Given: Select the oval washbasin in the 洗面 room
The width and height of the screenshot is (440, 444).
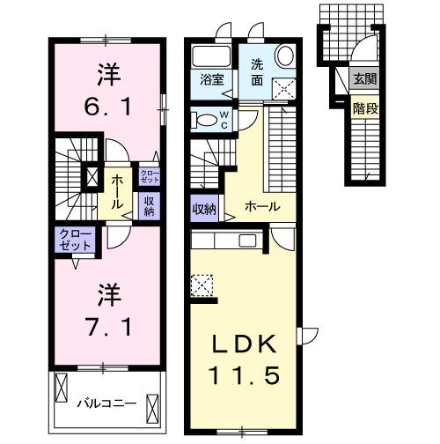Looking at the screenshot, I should pos(284,55).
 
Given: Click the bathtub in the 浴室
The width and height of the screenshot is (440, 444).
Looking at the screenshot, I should pos(211,55).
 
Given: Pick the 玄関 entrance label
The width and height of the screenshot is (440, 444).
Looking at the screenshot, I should pos(363,78).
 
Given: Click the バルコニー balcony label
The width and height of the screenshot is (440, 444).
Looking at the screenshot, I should pos(105,404).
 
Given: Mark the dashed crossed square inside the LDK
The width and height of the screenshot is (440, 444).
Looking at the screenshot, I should pos(201,286).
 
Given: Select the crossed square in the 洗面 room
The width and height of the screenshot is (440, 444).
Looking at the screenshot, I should pos(284,88).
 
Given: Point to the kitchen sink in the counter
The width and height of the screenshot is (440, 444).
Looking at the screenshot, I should pos(247,240).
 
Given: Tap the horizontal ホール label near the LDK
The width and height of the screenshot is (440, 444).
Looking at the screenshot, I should pos(262,207).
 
